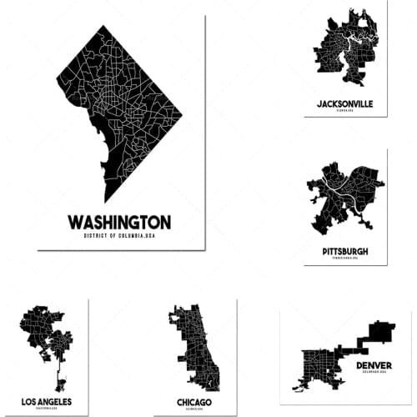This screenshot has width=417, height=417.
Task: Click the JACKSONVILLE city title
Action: point(345,104)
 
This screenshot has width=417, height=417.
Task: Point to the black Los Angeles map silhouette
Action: point(42,334)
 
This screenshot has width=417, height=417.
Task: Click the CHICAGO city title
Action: point(193,402)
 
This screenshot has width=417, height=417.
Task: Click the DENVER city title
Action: point(374,365)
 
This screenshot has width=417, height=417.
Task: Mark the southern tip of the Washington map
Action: point(106,201)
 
